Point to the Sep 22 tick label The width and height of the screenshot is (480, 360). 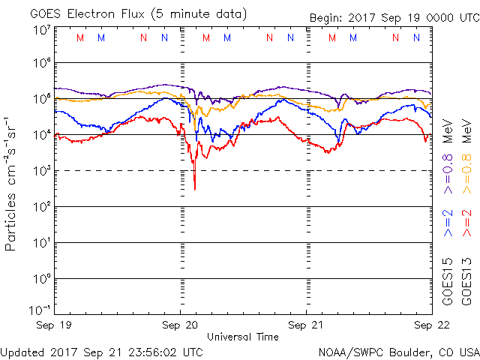(x=431, y=326)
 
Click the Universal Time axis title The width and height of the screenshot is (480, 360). (x=242, y=337)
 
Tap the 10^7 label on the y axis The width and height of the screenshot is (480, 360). (x=40, y=31)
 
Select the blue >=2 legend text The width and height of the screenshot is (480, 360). (x=448, y=223)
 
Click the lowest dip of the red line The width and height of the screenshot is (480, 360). (x=195, y=188)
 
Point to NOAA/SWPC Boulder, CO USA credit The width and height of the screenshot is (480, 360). (x=397, y=351)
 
